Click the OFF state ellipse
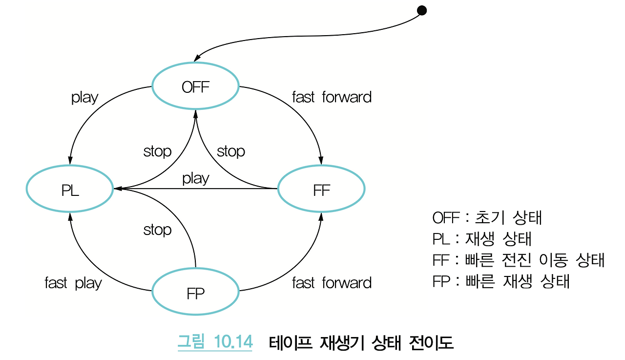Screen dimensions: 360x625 pos(195,87)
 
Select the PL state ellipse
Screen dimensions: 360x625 pos(70,191)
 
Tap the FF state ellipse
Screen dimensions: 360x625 pos(321,191)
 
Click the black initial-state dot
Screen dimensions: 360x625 pos(422,11)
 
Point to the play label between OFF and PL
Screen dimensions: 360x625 pos(84,98)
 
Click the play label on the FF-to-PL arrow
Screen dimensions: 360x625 pos(195,178)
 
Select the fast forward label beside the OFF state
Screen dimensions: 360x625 pos(332,97)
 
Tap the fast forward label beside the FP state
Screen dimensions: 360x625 pos(332,283)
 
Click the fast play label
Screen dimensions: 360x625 pos(73,283)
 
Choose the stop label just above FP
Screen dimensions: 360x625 pos(157,230)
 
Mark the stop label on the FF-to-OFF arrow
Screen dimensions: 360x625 pos(230,151)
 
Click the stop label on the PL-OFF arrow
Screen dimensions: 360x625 pos(157,151)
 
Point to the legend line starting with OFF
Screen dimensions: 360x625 pos(487,217)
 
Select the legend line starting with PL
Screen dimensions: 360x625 pos(481,239)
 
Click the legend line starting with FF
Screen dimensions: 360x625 pos(518,260)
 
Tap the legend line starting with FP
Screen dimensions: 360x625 pos(500,282)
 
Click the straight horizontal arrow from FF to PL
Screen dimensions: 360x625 pos(234,189)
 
